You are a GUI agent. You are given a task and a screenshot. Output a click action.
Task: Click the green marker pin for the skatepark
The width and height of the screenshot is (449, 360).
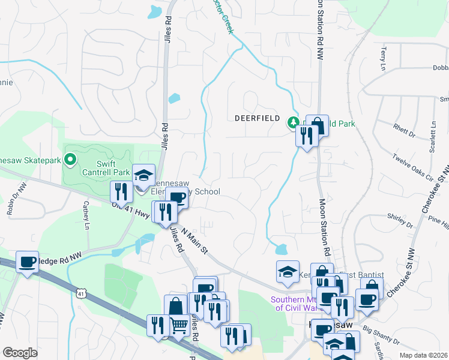(x=70, y=160)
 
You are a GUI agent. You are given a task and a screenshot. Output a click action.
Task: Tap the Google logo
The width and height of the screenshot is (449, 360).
(x=20, y=353)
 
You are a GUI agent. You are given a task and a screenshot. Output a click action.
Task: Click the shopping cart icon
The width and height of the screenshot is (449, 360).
(x=179, y=326)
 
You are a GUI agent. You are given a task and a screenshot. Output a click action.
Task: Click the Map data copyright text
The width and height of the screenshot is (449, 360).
(x=422, y=355)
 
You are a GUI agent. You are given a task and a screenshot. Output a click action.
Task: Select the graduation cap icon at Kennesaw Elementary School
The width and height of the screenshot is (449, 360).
(x=143, y=175)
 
